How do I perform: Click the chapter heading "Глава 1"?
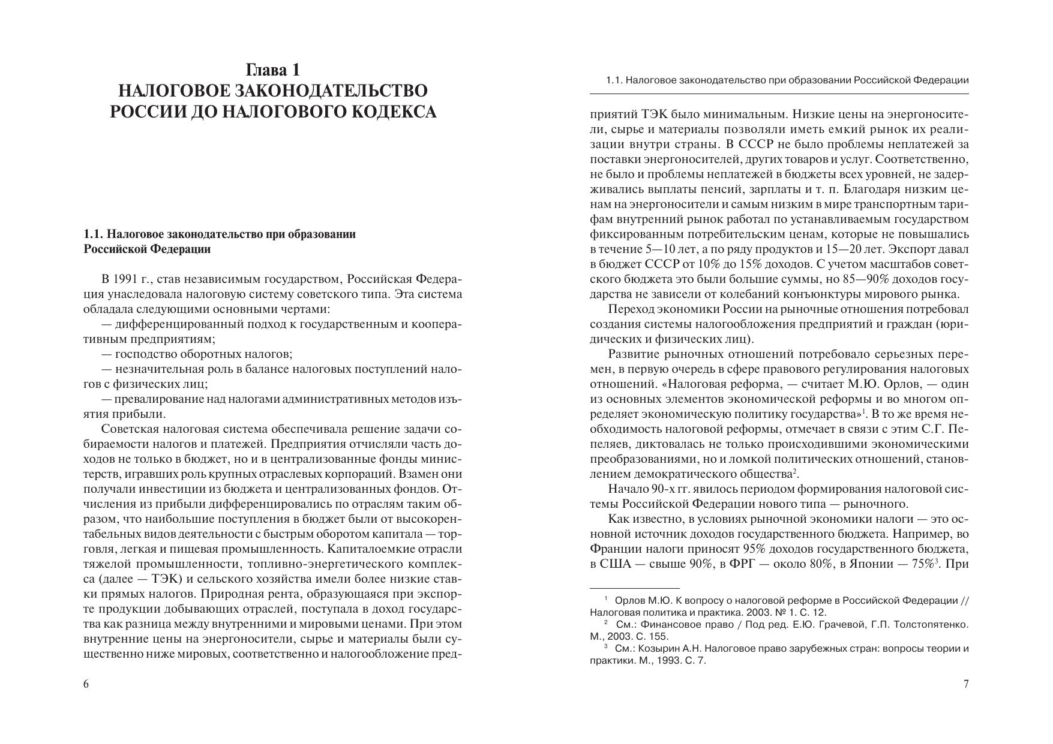tap(273, 70)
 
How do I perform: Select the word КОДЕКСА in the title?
tap(391, 112)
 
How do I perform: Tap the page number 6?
tap(86, 684)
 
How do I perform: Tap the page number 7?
tap(966, 684)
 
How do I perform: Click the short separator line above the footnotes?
tap(635, 588)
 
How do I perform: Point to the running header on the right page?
tap(787, 80)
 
